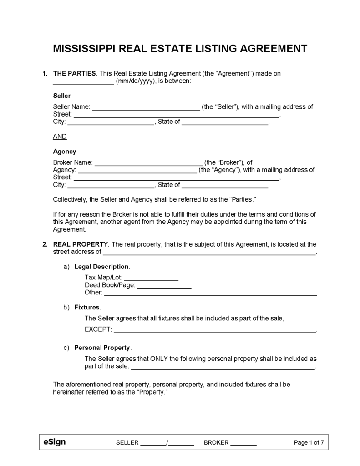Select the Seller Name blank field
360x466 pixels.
[146, 107]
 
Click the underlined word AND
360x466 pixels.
[60, 136]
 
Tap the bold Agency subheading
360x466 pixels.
[65, 152]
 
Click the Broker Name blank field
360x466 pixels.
[148, 162]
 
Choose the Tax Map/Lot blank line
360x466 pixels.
[151, 277]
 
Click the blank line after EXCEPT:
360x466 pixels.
[214, 329]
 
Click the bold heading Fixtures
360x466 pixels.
[86, 308]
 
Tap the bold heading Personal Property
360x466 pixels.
[102, 348]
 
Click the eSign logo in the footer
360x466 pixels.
[54, 442]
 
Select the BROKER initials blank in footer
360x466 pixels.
[243, 443]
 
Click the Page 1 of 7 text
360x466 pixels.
[309, 442]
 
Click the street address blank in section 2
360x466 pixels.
[209, 252]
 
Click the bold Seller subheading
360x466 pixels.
[62, 96]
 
